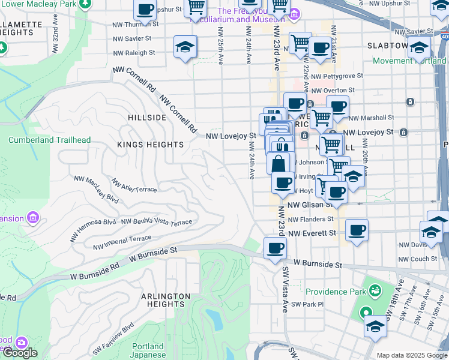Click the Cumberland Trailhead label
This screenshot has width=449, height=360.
49,140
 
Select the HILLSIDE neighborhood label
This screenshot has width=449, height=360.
146,118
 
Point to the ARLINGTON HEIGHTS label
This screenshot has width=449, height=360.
166,301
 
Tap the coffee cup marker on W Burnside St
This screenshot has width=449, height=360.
275,248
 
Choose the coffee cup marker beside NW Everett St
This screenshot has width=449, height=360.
357,230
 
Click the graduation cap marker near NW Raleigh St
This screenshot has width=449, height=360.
185,47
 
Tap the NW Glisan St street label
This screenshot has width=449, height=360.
309,205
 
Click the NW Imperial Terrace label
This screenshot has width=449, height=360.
122,242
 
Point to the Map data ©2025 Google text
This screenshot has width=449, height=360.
412,355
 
